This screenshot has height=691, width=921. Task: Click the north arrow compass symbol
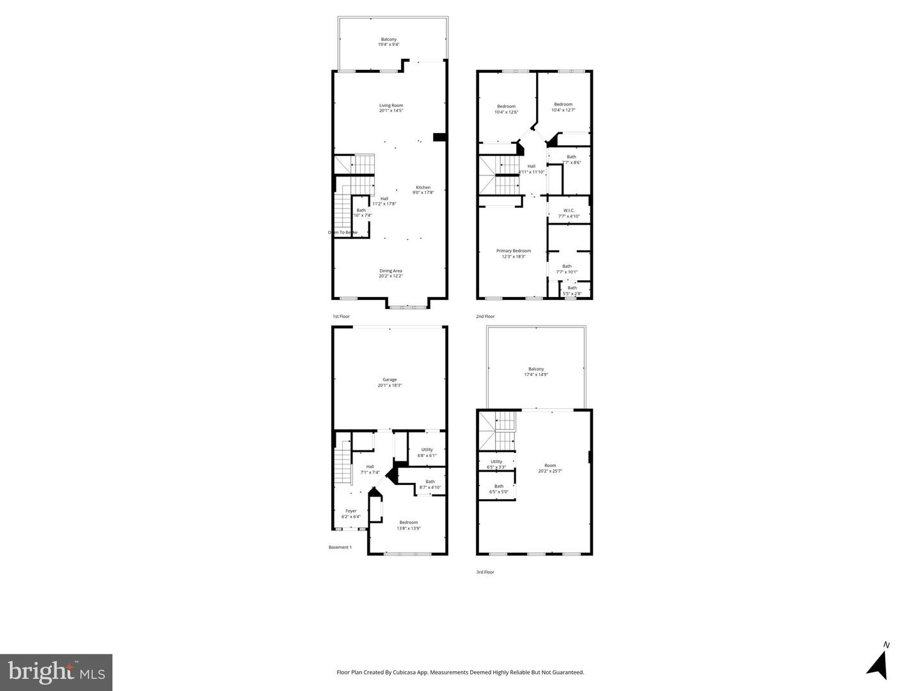pyautogui.click(x=879, y=664)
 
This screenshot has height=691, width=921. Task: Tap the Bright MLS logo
pyautogui.click(x=56, y=672)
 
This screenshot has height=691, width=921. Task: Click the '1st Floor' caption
pyautogui.click(x=341, y=316)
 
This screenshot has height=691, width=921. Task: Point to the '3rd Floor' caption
pyautogui.click(x=485, y=572)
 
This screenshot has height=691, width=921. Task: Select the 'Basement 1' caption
pyautogui.click(x=340, y=547)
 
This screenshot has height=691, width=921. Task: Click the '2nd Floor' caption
pyautogui.click(x=485, y=316)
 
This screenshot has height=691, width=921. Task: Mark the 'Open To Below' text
pyautogui.click(x=343, y=232)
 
